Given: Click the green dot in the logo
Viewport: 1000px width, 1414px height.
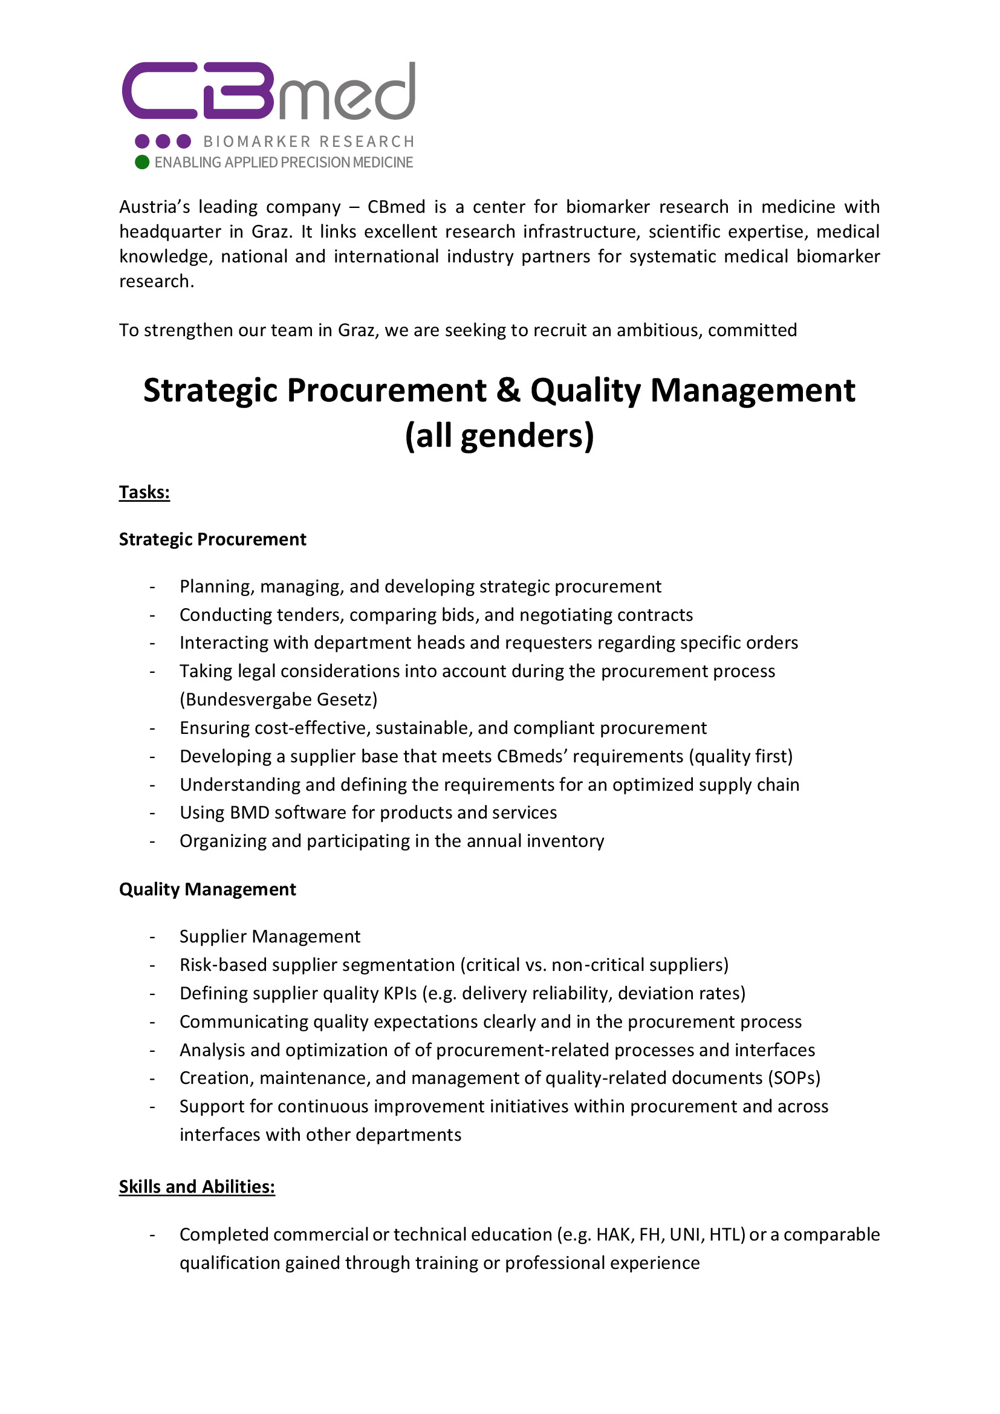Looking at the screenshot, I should pos(141,162).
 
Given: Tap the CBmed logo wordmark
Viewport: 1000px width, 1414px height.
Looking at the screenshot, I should pos(268,91).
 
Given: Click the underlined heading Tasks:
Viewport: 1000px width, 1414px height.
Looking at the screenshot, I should pos(144,492).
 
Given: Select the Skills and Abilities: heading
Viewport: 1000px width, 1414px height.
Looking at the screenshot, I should pos(196,1186).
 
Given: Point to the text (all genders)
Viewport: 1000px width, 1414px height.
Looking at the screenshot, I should pos(499,436).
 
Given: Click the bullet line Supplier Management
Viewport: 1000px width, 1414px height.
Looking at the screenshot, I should pos(270,936).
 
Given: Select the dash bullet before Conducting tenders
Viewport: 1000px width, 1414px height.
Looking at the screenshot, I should pos(152,615).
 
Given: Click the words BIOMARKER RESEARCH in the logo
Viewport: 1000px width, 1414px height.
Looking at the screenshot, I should pos(308,141).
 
